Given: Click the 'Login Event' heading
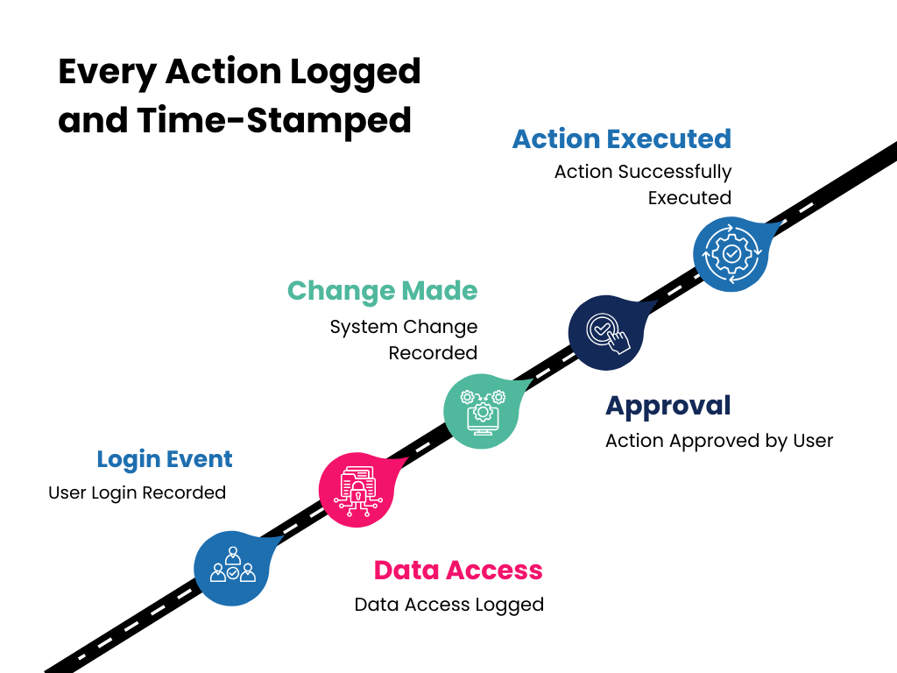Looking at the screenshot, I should (x=165, y=459).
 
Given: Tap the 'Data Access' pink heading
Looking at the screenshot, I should (x=458, y=570).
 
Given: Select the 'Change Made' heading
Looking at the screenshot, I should (x=383, y=290).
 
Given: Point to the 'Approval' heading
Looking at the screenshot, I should (x=668, y=406).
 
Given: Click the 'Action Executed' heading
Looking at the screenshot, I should (x=622, y=138).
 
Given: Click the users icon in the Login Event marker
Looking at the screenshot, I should (x=232, y=565).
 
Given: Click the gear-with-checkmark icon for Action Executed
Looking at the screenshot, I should (x=731, y=253).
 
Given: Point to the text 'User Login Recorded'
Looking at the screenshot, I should (x=137, y=492).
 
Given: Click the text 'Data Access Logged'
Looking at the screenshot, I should (x=449, y=605).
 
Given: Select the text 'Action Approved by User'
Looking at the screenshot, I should (x=719, y=440).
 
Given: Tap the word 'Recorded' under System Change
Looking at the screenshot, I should (x=433, y=353).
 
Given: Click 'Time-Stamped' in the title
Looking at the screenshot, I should (x=273, y=120).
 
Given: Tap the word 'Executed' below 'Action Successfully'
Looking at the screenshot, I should (x=689, y=198).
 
